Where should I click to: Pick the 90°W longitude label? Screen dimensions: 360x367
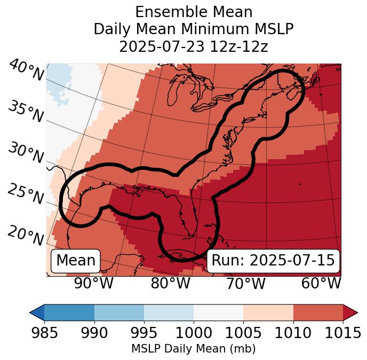coord(93,284)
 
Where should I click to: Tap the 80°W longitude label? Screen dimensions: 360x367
coord(170,284)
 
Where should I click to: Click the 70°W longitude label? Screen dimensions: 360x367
coord(245,284)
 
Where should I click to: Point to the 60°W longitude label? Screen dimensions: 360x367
coord(321,284)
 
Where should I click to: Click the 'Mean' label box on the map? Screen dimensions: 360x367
coord(76,261)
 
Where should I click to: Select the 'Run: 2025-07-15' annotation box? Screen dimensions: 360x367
coord(273,261)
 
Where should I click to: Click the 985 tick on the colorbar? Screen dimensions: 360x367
coord(44,333)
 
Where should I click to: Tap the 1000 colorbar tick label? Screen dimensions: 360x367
coord(194,333)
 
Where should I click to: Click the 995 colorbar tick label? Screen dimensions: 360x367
coord(144,333)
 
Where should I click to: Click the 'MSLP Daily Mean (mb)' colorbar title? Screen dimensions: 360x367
coord(194,349)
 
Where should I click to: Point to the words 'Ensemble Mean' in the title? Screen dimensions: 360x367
coord(194,12)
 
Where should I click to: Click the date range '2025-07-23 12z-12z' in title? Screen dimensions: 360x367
coord(194,46)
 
